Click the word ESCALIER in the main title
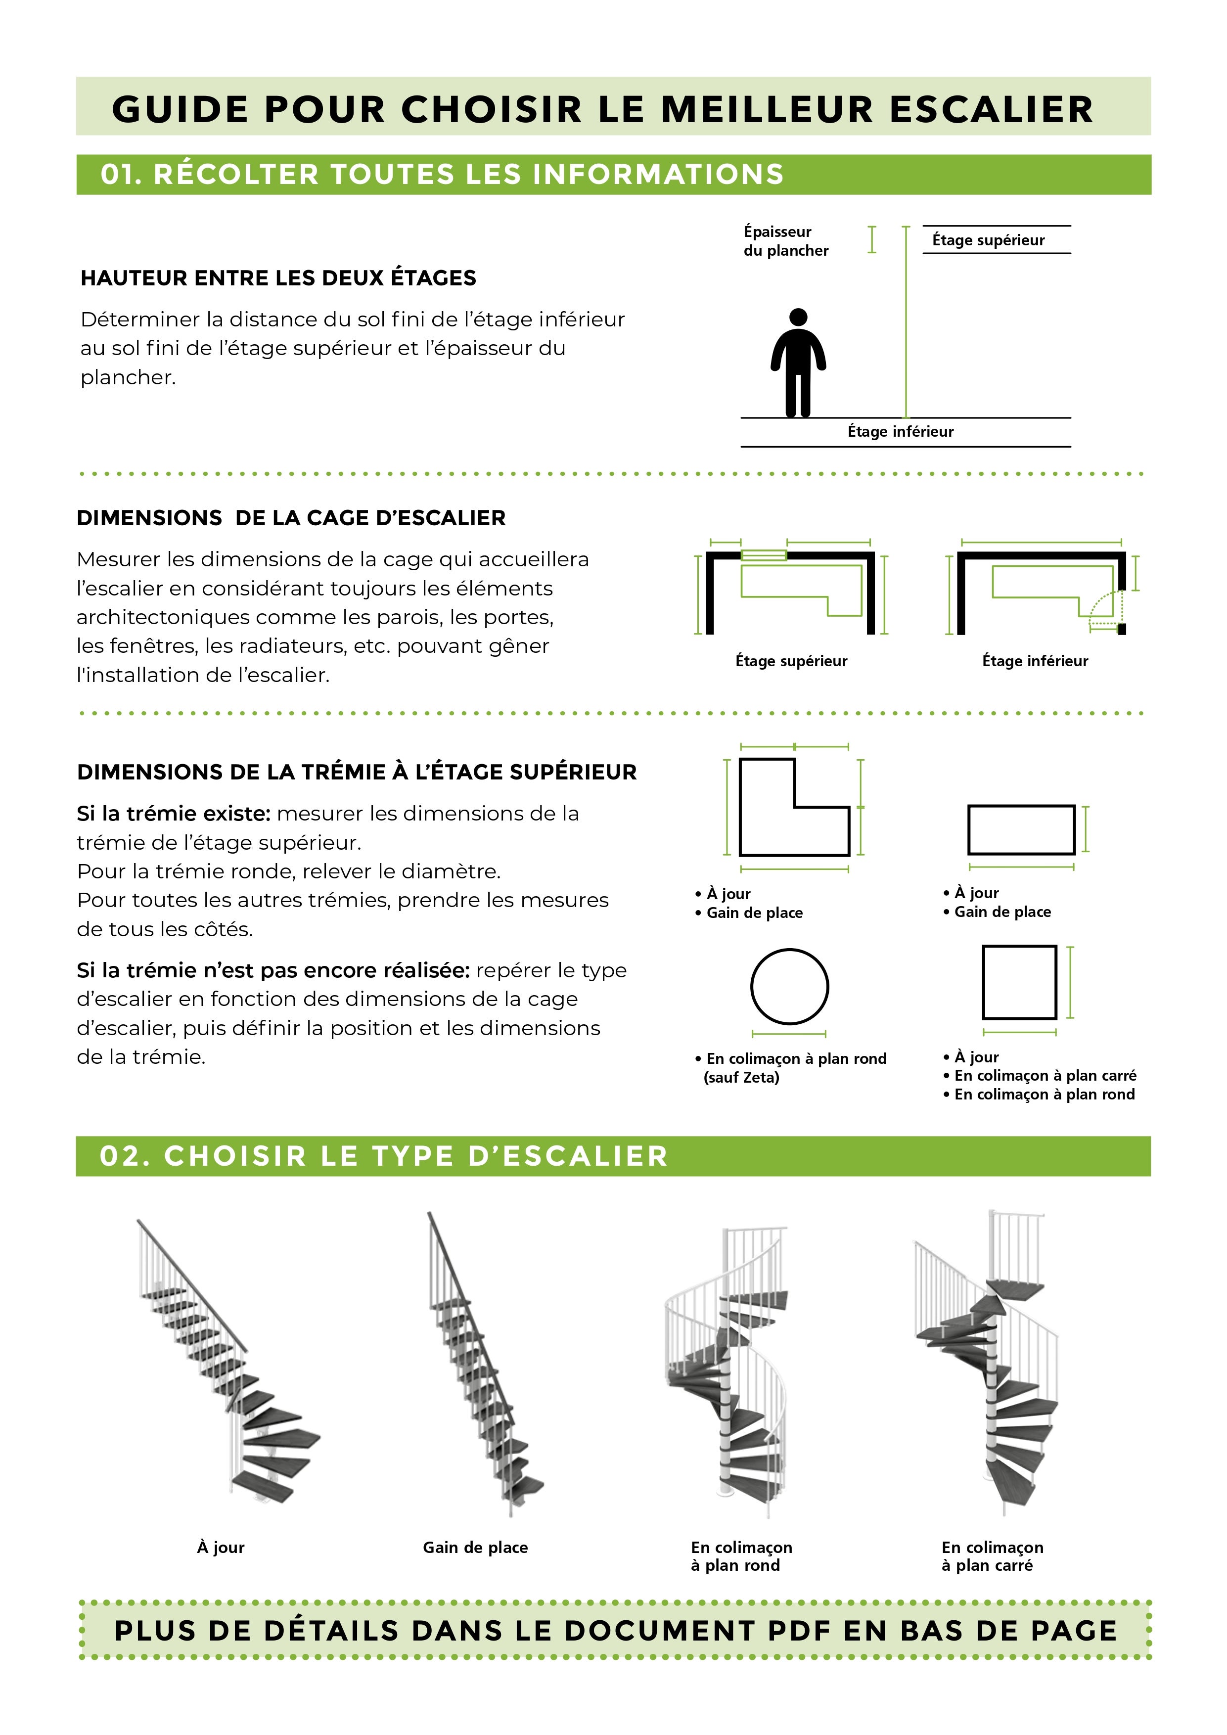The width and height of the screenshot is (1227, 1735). tap(991, 110)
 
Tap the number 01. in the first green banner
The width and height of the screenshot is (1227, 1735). tap(121, 175)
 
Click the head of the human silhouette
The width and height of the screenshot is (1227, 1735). tap(798, 317)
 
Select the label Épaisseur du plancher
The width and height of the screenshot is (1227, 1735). tap(786, 241)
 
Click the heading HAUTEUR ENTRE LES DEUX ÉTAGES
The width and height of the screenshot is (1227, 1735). tap(278, 278)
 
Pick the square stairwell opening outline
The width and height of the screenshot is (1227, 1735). tap(1019, 982)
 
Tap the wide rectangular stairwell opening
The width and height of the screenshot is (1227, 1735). tap(1021, 830)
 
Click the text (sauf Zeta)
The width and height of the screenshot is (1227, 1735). tap(741, 1078)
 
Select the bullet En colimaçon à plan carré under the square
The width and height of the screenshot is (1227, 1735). tap(1045, 1075)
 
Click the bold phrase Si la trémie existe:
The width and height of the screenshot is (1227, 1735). tap(173, 814)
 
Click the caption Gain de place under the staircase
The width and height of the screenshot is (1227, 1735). tap(475, 1548)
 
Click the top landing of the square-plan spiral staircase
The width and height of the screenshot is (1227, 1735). tap(1016, 1290)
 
